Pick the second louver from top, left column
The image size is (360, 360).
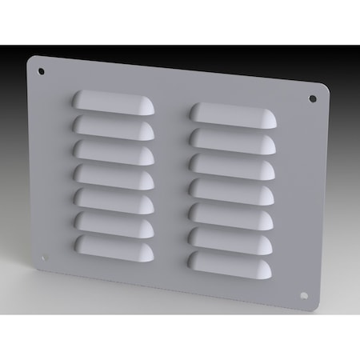(x=114, y=126)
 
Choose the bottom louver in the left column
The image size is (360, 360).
(x=114, y=244)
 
